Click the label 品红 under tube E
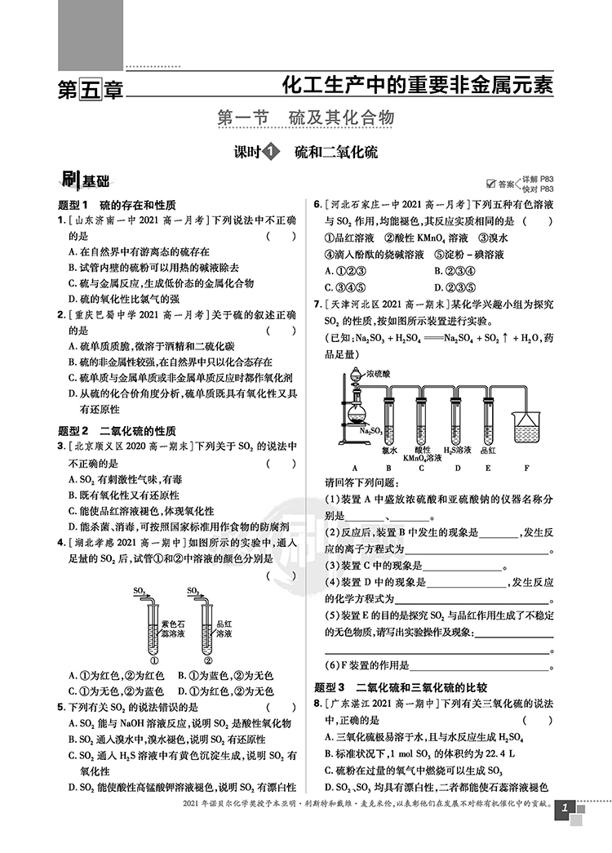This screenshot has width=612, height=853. point(488,450)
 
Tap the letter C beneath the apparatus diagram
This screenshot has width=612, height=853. point(421,468)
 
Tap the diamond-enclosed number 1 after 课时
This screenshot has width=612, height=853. point(272,151)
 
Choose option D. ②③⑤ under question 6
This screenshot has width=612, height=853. point(463,287)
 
